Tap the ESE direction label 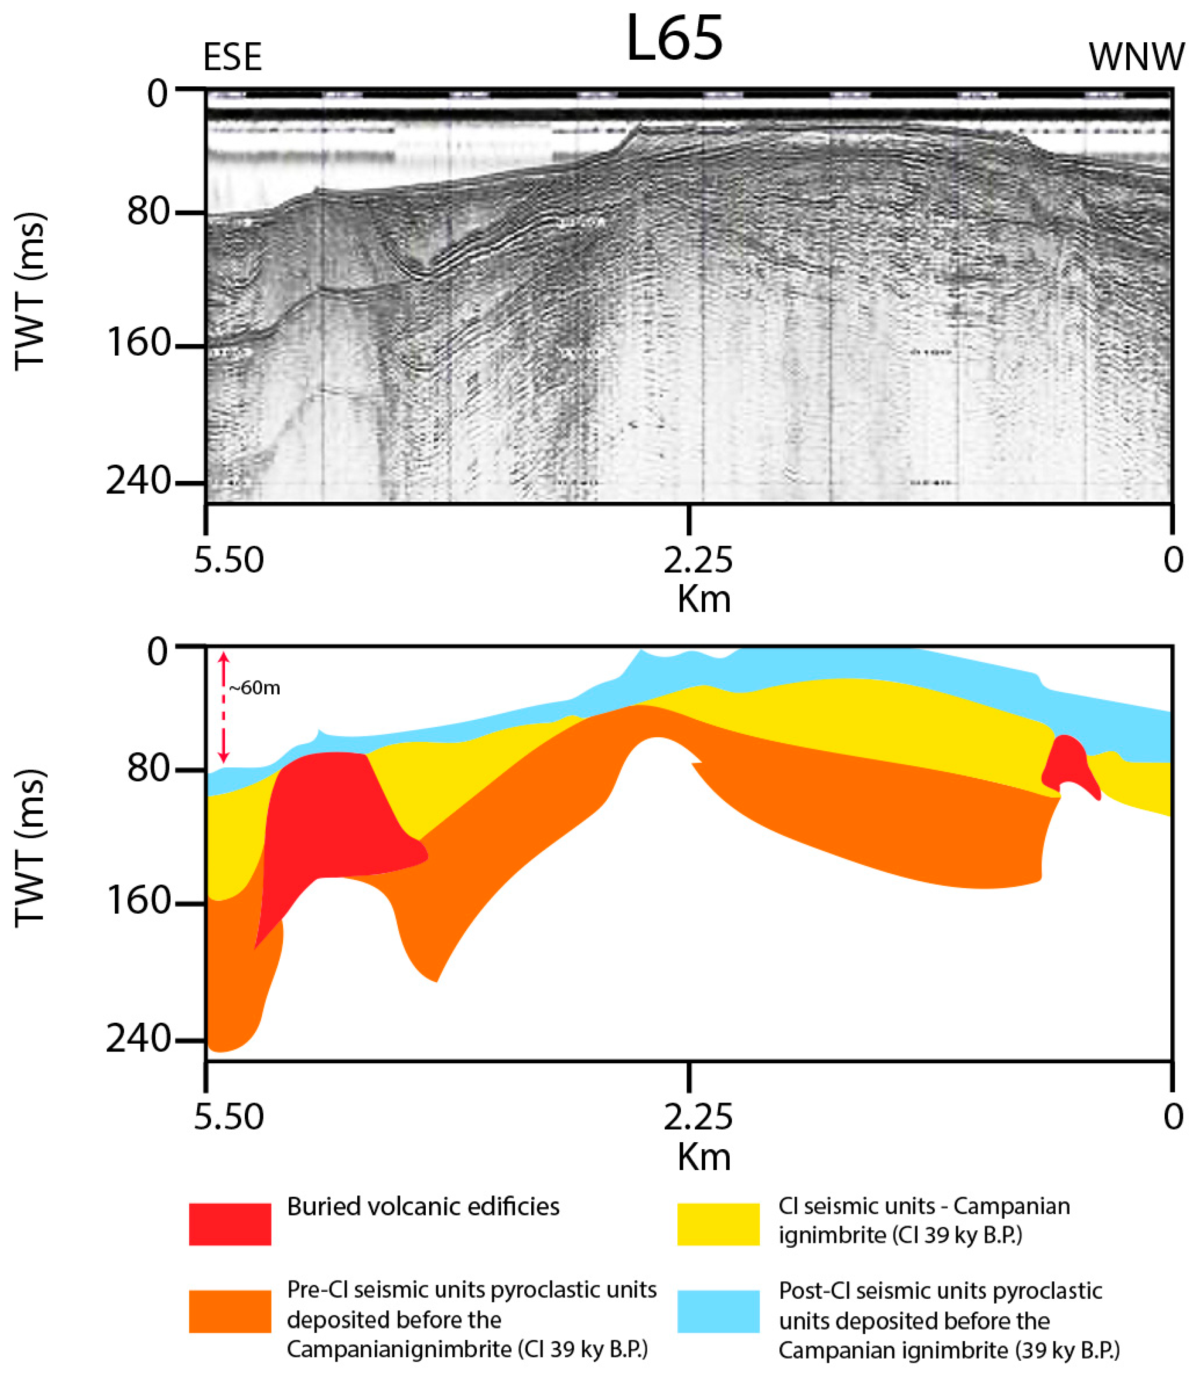232,57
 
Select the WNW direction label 1137,57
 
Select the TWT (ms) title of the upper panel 30,291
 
